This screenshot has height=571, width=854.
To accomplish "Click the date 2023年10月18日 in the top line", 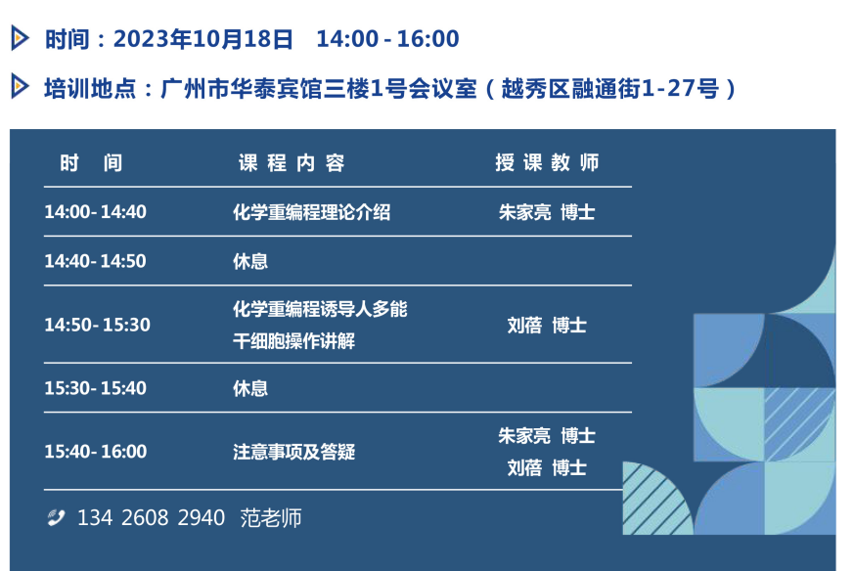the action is point(203,39).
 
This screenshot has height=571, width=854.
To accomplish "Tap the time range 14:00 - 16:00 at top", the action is point(387,39).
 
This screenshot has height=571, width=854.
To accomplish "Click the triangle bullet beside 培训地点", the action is point(21,87).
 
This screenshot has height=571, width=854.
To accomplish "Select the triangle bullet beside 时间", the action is point(21,38).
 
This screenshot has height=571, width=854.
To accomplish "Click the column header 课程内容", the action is point(292,162).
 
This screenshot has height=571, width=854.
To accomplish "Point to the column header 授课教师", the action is point(548,162).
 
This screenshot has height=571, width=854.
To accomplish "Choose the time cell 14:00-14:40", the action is point(95,212).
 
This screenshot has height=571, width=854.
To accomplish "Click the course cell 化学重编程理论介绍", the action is point(311,212).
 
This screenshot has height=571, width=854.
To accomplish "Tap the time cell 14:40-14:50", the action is point(95,261).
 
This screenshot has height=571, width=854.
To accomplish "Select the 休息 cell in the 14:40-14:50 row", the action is point(250,261).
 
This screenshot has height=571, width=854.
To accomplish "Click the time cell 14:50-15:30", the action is point(97,325).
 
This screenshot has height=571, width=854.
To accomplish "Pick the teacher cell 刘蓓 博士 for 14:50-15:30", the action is point(547,325).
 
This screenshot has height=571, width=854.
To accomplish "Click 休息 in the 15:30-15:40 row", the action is point(250,388).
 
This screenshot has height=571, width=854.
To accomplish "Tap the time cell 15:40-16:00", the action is point(95,452).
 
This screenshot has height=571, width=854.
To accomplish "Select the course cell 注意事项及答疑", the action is point(294,452).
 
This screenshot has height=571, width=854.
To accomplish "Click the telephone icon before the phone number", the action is point(56,517).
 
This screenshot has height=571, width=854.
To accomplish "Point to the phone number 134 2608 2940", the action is point(151,517).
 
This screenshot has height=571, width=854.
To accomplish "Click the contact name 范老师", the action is point(271,517).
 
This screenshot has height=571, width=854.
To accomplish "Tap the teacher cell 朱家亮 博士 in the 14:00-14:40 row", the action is point(547,212).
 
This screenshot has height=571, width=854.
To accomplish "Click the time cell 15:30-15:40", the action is point(95,388).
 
